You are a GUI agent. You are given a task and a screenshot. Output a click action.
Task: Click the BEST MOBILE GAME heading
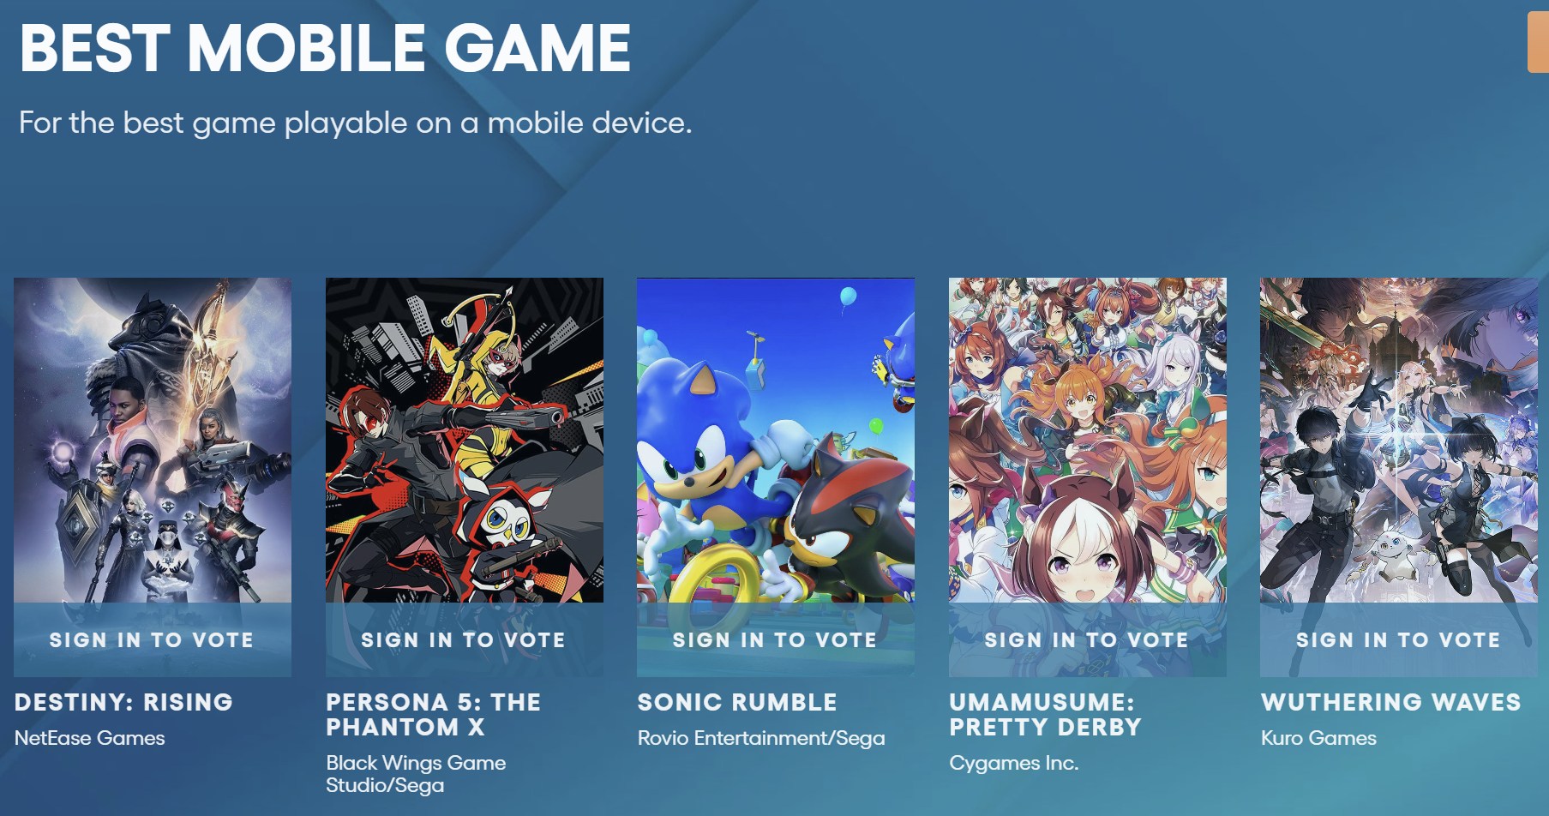coord(325,48)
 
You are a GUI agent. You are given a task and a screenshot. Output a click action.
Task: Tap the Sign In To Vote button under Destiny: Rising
coord(152,639)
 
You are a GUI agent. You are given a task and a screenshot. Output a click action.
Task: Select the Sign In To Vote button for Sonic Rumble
coord(775,639)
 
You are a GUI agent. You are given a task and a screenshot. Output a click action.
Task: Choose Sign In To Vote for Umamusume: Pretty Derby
coord(1087,639)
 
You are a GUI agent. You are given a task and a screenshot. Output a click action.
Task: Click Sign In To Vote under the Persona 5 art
coord(464,639)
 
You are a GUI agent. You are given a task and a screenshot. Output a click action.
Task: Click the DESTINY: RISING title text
coord(123,702)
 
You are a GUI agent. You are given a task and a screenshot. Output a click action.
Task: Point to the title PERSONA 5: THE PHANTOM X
coord(433,714)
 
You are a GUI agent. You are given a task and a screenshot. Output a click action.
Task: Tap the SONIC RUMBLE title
coord(737,702)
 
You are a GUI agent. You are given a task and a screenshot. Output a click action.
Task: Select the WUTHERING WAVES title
coord(1391,702)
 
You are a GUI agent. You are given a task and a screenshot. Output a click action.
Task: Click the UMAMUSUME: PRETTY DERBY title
coord(1045,714)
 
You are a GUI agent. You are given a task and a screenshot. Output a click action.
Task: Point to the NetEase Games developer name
coord(90,738)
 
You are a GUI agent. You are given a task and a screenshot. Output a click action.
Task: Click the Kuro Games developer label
coord(1318,738)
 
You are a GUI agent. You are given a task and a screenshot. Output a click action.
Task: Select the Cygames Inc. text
coord(1013,763)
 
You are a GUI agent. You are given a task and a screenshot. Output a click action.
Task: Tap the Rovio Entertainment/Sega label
coord(761,738)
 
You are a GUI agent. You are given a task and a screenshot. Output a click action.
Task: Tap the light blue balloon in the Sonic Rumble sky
coord(848,297)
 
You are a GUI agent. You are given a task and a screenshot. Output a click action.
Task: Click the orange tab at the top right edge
coord(1538,43)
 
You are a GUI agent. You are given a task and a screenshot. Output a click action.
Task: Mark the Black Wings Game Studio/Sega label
coord(416,774)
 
